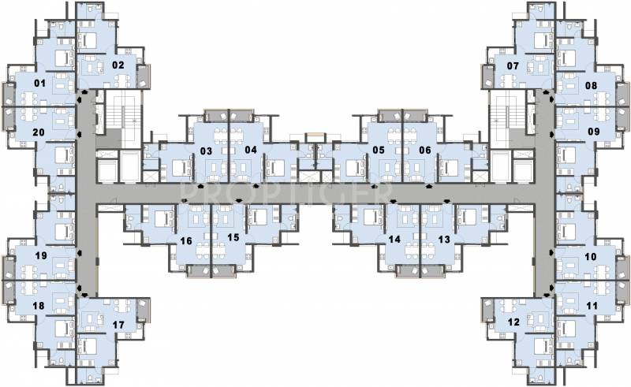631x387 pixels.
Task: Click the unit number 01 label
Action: click(x=40, y=84)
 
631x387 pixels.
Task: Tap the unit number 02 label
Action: click(x=118, y=65)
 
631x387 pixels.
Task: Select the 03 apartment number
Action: click(x=206, y=151)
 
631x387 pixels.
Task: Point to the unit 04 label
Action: click(x=251, y=150)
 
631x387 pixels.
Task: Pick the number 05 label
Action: click(x=379, y=150)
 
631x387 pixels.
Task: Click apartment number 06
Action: click(x=425, y=150)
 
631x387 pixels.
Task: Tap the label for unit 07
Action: click(x=513, y=65)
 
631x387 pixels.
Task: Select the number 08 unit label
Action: click(x=591, y=85)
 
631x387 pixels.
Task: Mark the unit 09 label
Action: click(x=594, y=131)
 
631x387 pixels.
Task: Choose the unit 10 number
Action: click(x=591, y=257)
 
